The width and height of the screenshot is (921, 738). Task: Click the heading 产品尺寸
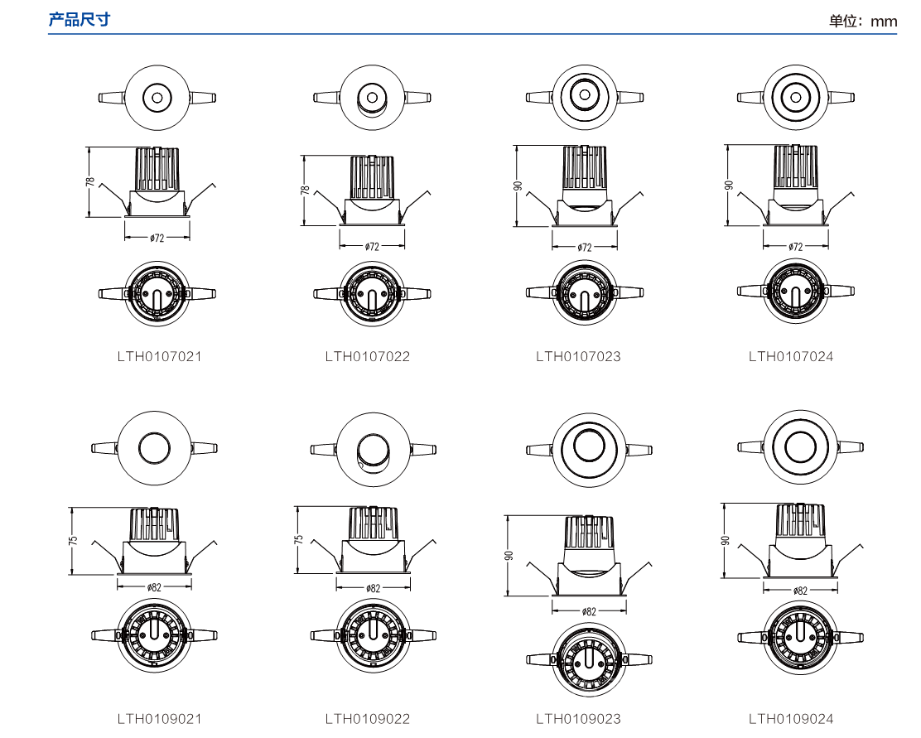coord(80,19)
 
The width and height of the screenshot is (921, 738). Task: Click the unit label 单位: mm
coord(863,22)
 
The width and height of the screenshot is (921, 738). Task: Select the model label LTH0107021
coord(159,357)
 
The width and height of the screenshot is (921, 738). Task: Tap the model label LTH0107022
coord(368,357)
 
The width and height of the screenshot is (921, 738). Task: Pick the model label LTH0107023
coord(579,357)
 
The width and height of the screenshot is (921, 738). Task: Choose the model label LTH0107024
coord(791,357)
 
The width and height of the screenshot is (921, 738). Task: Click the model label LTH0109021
coord(159,719)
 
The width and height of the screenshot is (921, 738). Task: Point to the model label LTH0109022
coord(368,719)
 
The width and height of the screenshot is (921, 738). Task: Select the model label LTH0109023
coord(579,719)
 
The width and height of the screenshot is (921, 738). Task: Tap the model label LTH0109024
coord(791,719)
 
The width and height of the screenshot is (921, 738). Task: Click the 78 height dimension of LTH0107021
coord(90,182)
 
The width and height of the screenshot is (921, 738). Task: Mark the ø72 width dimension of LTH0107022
coord(372,247)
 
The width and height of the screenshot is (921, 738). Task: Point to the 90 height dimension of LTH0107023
coord(518,186)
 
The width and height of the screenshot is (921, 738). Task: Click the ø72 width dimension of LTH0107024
coord(796,247)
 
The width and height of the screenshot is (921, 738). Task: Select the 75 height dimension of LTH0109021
coord(73,540)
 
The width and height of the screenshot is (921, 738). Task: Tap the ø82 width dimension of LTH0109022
coord(373,587)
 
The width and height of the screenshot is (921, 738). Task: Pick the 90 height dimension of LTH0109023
coord(509,555)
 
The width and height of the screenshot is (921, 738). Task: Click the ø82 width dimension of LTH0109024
coord(800,591)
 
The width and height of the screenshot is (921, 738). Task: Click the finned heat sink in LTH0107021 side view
coord(157,169)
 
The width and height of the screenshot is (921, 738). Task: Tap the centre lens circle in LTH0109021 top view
coord(155,448)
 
